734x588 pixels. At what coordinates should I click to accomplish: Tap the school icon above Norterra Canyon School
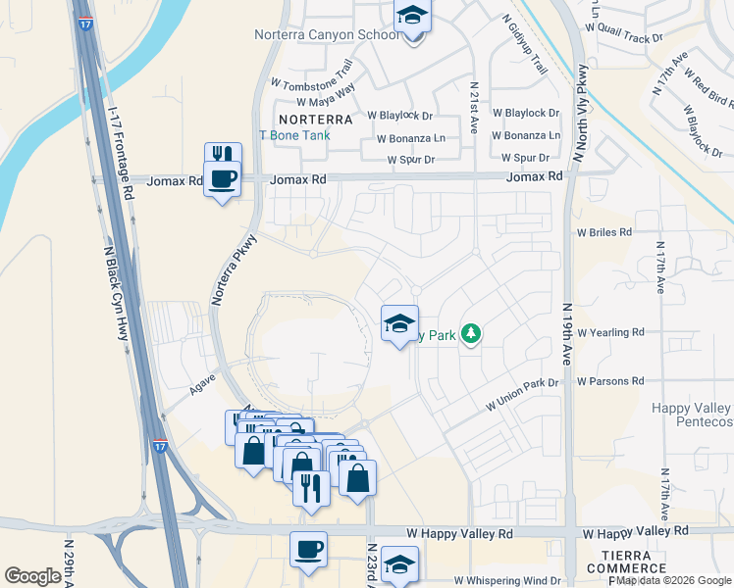tap(413, 17)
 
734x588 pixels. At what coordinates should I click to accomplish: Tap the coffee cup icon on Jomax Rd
tap(223, 178)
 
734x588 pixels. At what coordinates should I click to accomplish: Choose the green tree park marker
tap(472, 334)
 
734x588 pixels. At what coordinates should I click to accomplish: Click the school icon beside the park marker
tap(399, 323)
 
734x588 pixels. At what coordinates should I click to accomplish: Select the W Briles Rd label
tap(604, 232)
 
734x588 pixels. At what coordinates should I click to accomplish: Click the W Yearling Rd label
tap(610, 332)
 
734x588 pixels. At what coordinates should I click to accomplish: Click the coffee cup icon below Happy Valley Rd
tap(309, 549)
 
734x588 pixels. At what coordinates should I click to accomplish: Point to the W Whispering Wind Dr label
tap(506, 581)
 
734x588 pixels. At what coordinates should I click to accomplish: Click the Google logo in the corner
tap(32, 575)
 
